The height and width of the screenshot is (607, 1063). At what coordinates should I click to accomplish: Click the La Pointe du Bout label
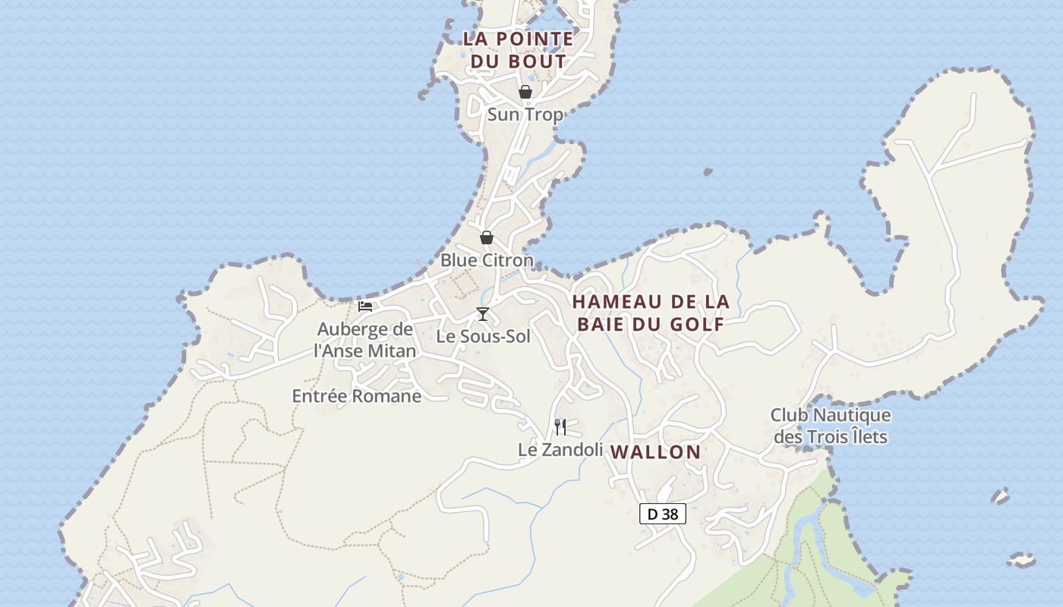coord(519,50)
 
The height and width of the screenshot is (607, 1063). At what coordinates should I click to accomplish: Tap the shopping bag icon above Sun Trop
coord(525,92)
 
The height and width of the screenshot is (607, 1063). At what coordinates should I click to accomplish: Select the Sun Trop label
coord(525,115)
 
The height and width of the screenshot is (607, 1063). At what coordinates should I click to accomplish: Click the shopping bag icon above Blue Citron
coord(487,237)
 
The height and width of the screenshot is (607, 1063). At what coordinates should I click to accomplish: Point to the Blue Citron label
coord(487,260)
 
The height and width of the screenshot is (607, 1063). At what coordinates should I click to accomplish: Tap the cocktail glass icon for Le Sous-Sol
coord(482,314)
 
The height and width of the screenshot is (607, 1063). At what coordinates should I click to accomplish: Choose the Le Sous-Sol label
coord(483,336)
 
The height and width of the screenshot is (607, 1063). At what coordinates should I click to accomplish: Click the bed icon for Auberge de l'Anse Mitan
coord(365,307)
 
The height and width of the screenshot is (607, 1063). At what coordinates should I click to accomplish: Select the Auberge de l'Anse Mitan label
coord(365,340)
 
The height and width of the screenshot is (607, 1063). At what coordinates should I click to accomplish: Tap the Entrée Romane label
coord(357,396)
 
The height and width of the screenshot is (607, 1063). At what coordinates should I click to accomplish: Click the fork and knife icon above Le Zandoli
coord(560,427)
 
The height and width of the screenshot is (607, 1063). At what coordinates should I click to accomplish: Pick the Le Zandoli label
coord(560,450)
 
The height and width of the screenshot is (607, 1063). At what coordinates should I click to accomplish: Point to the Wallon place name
coord(656,452)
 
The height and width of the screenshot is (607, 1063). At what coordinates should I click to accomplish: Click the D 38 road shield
coord(663,514)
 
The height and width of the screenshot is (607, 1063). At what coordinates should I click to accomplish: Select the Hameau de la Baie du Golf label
coord(651,313)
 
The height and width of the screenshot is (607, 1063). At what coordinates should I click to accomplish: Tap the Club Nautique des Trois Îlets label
coord(831,426)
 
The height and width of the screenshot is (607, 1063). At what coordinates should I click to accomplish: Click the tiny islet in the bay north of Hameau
coord(708,172)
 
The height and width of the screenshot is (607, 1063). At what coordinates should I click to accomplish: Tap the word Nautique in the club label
coord(851,415)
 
